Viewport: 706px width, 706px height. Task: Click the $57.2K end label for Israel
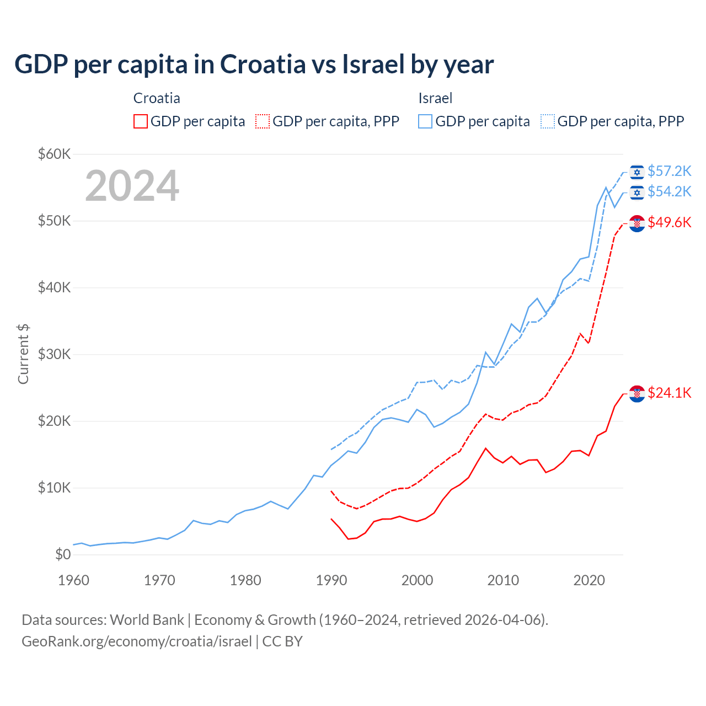pyautogui.click(x=669, y=171)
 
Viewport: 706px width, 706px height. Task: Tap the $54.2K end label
pyautogui.click(x=669, y=191)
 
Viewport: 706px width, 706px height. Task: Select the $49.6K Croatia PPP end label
pyautogui.click(x=669, y=222)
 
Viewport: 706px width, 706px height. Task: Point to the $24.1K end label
pyautogui.click(x=669, y=393)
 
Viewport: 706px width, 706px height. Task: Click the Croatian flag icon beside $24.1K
pyautogui.click(x=637, y=393)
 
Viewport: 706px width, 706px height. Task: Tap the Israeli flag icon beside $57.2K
pyautogui.click(x=637, y=172)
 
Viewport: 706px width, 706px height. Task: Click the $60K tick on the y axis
pyautogui.click(x=54, y=154)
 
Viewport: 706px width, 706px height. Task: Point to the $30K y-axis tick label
pyautogui.click(x=54, y=354)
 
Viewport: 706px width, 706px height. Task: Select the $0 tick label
pyautogui.click(x=63, y=554)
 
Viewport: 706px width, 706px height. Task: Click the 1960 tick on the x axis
pyautogui.click(x=73, y=580)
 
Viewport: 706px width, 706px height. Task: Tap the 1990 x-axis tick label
pyautogui.click(x=331, y=580)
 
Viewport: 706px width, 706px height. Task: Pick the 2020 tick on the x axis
pyautogui.click(x=589, y=580)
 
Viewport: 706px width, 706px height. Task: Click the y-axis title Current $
pyautogui.click(x=23, y=354)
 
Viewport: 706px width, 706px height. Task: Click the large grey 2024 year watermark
pyautogui.click(x=132, y=186)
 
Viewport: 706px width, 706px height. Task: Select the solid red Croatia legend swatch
pyautogui.click(x=141, y=121)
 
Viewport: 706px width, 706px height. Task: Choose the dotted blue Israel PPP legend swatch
pyautogui.click(x=548, y=121)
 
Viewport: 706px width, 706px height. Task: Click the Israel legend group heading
pyautogui.click(x=435, y=98)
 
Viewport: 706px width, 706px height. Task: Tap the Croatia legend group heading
pyautogui.click(x=157, y=98)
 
